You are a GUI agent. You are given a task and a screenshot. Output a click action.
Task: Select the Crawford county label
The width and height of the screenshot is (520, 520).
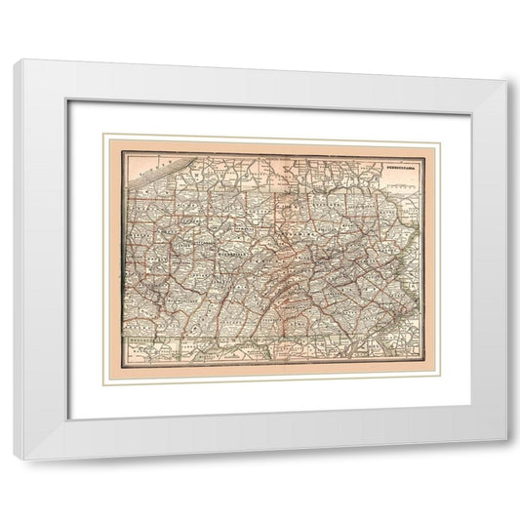pos(142,210)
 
